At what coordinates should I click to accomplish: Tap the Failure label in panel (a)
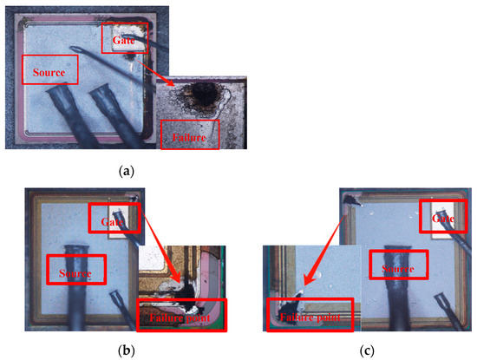click(x=190, y=134)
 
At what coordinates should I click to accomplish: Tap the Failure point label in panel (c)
click(x=309, y=316)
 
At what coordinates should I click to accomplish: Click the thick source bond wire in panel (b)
click(x=73, y=286)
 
